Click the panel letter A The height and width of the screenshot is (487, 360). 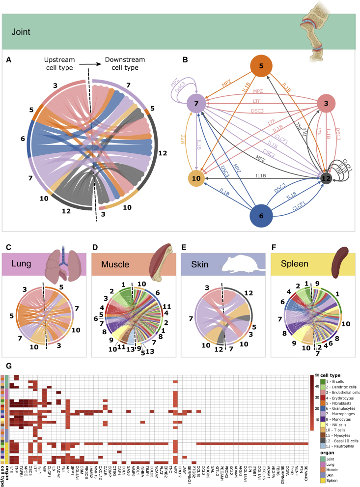tap(8, 60)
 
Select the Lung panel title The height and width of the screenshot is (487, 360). tap(18, 263)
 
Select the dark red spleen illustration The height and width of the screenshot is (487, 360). tap(340, 260)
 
